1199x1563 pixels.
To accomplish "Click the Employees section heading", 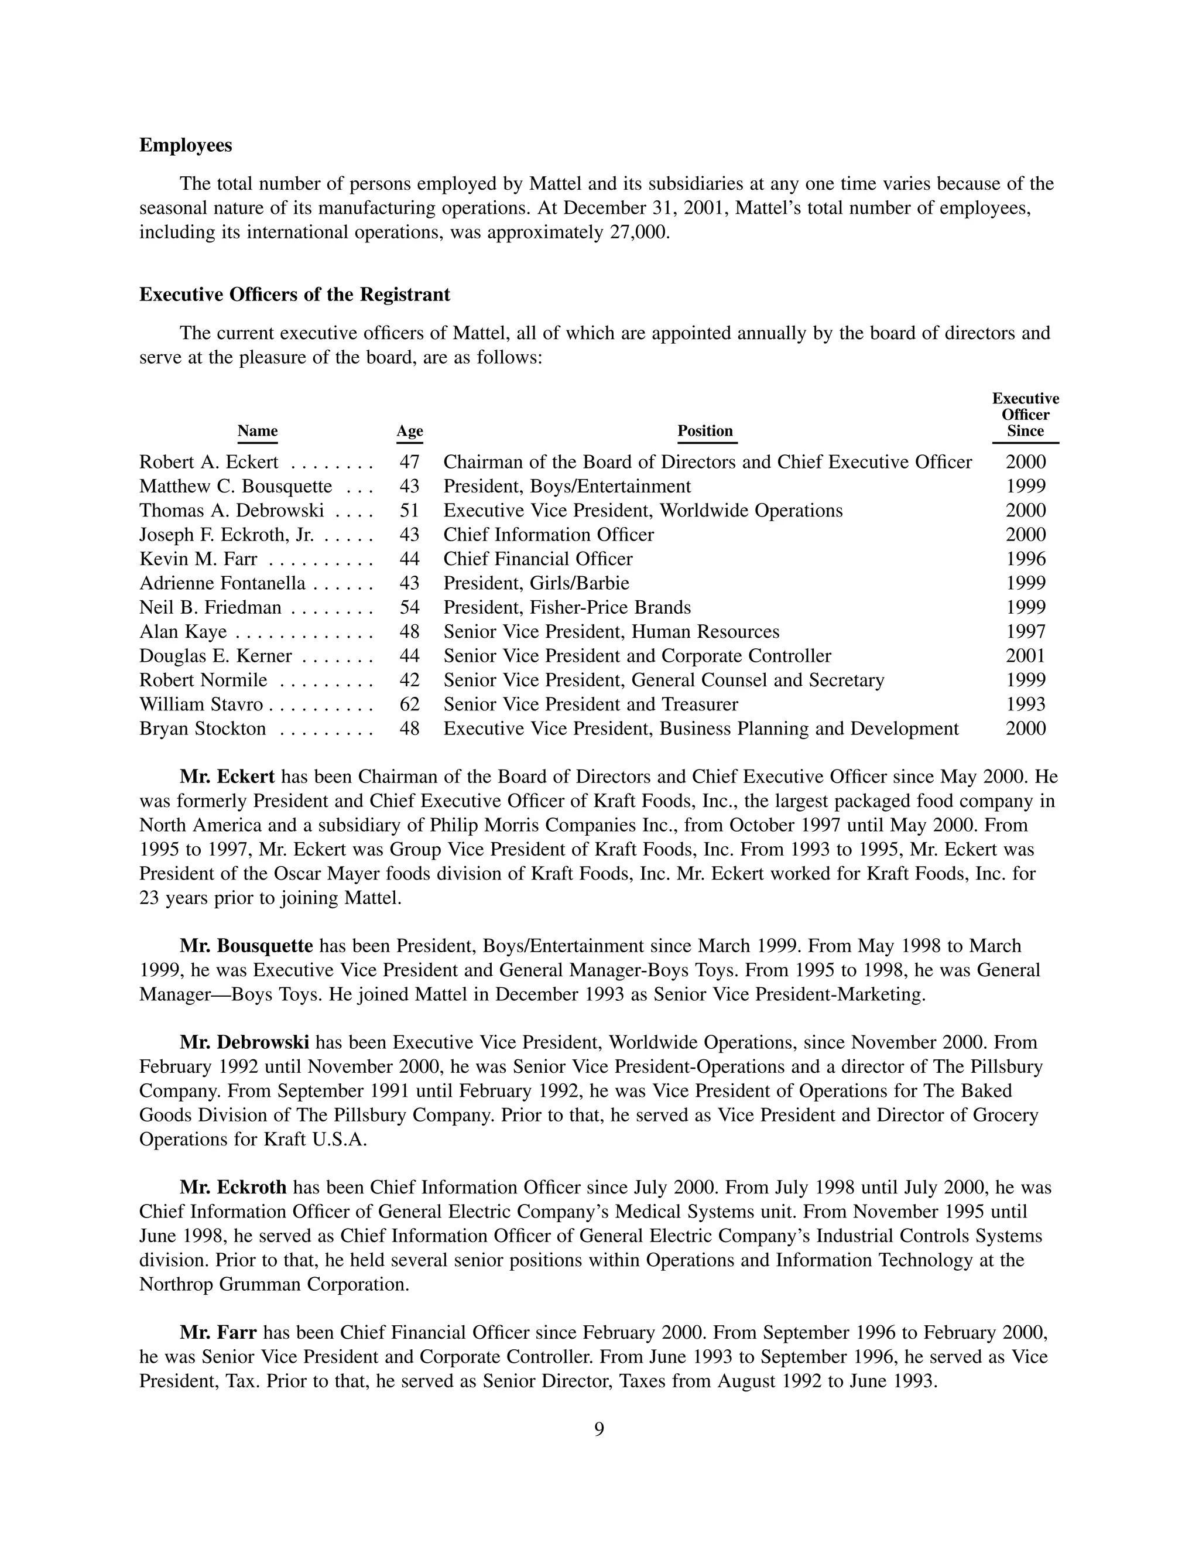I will click(x=186, y=146).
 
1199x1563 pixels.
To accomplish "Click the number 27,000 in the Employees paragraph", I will click(x=639, y=232).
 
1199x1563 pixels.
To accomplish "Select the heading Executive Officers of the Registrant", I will click(x=294, y=295).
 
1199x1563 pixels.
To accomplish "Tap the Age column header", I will click(x=410, y=431).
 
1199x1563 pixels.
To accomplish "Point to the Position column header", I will click(x=705, y=431).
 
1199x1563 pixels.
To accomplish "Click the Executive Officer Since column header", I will click(x=1026, y=415).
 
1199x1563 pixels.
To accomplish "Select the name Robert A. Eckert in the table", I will click(x=208, y=463).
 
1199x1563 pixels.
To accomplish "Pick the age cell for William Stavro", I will click(x=410, y=705).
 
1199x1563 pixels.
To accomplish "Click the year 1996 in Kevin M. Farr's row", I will click(x=1026, y=559).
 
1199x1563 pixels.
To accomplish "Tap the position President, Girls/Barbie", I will click(x=536, y=584).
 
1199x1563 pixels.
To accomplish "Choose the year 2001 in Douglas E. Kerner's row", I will click(x=1026, y=656).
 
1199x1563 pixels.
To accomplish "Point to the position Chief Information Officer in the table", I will click(x=548, y=535).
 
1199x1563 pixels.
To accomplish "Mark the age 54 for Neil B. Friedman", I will click(x=410, y=608).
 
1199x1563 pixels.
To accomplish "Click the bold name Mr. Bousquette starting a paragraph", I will click(x=246, y=946).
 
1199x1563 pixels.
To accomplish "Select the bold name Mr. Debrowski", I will click(x=244, y=1043).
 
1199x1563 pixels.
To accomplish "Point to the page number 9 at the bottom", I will click(x=599, y=1429).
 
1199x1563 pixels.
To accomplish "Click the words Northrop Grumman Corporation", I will click(x=274, y=1285).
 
